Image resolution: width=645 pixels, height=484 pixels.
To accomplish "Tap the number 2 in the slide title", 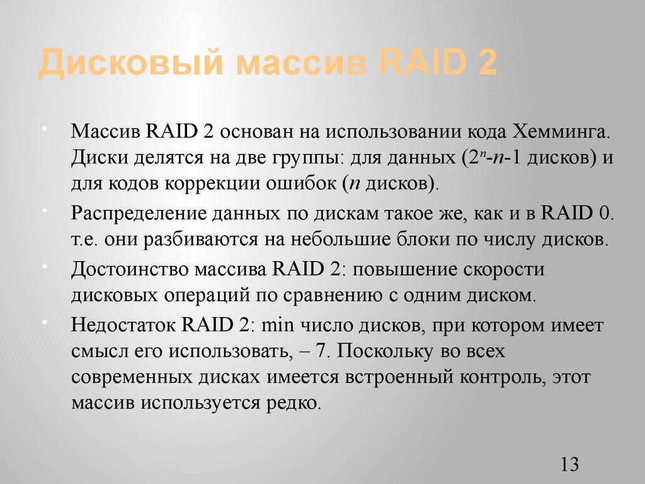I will click(x=486, y=65).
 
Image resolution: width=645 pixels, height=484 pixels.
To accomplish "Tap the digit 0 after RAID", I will click(x=605, y=213).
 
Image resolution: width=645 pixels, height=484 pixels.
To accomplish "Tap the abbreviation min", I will click(x=273, y=325).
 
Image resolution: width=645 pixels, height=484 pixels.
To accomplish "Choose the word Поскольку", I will click(x=387, y=350).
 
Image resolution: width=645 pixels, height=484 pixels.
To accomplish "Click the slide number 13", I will click(x=569, y=465).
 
